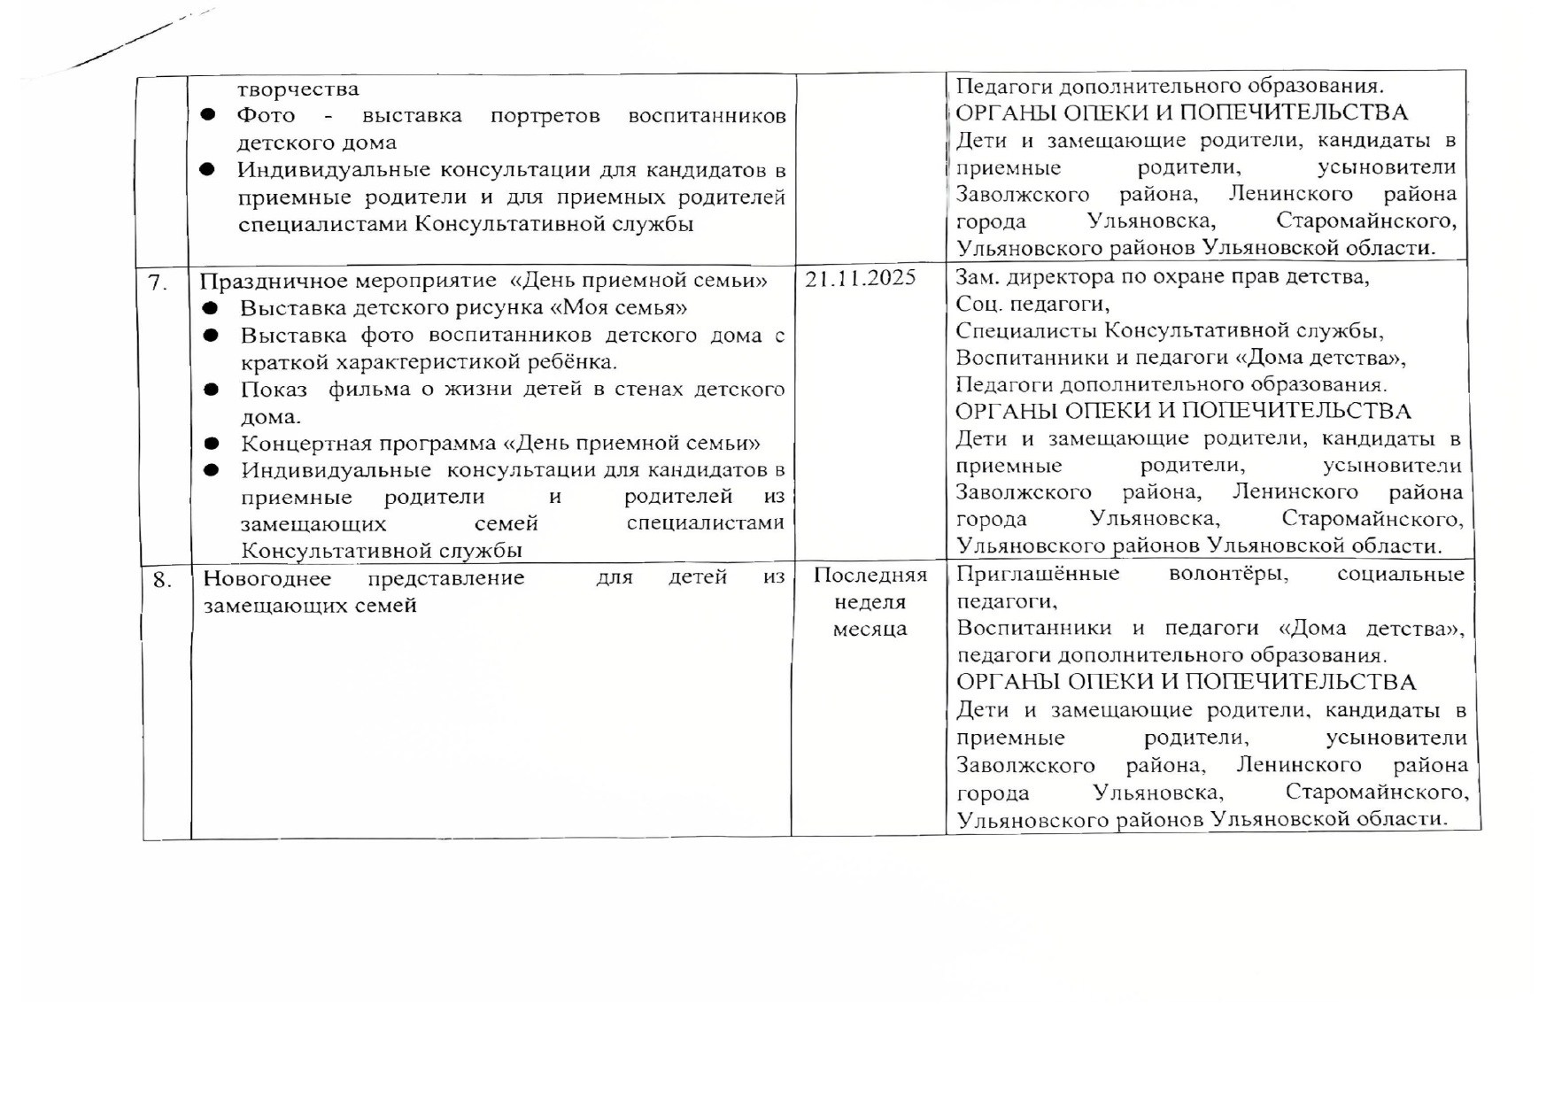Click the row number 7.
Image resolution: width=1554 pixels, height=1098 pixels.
[158, 282]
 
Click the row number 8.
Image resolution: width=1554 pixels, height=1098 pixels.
[162, 580]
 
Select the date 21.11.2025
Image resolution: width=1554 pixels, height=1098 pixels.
[860, 278]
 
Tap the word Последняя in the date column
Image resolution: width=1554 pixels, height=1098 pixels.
[870, 575]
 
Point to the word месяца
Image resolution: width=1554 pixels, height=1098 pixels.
[870, 629]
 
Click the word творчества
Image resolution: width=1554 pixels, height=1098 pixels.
[298, 89]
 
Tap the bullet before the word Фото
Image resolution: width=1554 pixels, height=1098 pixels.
[208, 115]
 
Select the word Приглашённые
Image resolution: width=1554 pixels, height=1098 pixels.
[1038, 573]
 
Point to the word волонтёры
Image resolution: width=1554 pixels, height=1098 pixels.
[1228, 573]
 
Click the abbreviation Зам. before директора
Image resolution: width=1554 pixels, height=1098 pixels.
[976, 276]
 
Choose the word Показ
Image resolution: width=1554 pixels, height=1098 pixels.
[274, 390]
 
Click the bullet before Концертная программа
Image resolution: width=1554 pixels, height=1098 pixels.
[211, 443]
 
